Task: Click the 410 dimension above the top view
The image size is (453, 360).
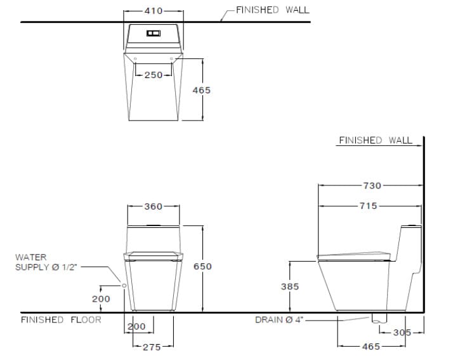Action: coord(153,11)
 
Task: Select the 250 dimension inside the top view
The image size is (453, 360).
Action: coord(153,75)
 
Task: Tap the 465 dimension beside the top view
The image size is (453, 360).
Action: coord(202,90)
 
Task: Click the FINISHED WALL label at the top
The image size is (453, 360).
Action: coord(273,10)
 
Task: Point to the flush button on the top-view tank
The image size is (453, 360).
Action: coord(154,33)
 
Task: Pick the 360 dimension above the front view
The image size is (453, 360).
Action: coord(153,206)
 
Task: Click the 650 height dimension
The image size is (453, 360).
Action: coord(202,267)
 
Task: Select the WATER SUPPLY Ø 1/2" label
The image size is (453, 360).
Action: coord(46,262)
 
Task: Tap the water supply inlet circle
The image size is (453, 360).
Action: coord(124,286)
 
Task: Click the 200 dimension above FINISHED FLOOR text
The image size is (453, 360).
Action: coord(102,298)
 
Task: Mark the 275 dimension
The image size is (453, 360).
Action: coord(152,347)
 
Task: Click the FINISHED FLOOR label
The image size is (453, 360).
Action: coord(61,319)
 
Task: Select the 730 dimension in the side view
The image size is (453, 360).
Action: coord(372,185)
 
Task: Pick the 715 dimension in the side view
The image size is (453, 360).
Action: coord(368,206)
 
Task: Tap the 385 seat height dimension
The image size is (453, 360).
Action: coord(290,286)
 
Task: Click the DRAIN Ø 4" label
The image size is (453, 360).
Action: coord(280,319)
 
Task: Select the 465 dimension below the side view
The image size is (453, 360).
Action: coord(371,347)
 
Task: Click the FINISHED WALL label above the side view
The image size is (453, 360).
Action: coord(375,140)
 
